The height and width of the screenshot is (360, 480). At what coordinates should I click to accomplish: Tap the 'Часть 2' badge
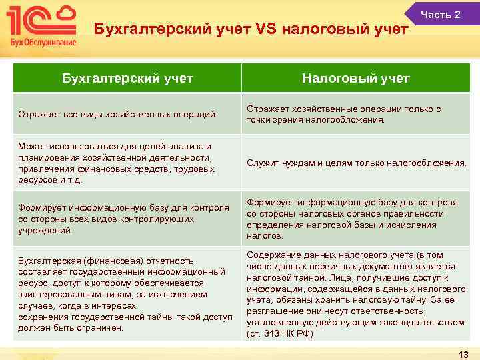click(x=441, y=14)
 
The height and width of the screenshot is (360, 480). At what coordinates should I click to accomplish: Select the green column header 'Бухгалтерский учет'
click(x=127, y=79)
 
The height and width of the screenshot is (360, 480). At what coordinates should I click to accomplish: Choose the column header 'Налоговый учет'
click(x=355, y=79)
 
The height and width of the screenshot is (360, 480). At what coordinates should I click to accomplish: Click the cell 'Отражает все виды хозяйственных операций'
click(x=118, y=114)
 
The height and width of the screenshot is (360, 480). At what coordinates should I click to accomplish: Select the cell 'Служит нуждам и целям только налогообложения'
click(x=356, y=163)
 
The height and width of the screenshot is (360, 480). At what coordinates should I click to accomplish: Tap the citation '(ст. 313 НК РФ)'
click(x=279, y=333)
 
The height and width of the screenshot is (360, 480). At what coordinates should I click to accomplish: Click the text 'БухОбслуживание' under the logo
click(x=42, y=43)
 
